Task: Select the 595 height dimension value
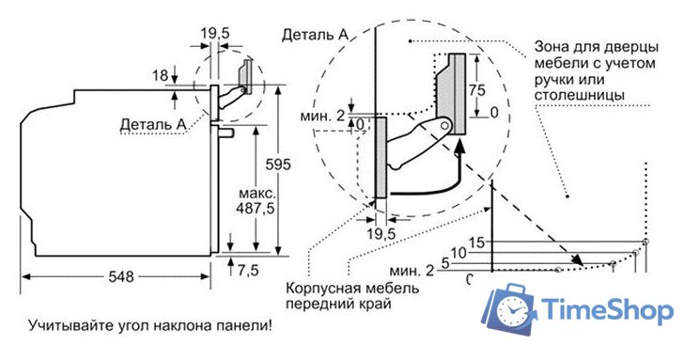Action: (280, 164)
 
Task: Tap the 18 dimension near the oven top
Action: (160, 74)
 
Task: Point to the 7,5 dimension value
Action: (248, 271)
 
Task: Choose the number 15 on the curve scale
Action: (476, 243)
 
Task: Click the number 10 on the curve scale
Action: (459, 253)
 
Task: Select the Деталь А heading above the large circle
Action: (315, 35)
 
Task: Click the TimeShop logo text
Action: (608, 310)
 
